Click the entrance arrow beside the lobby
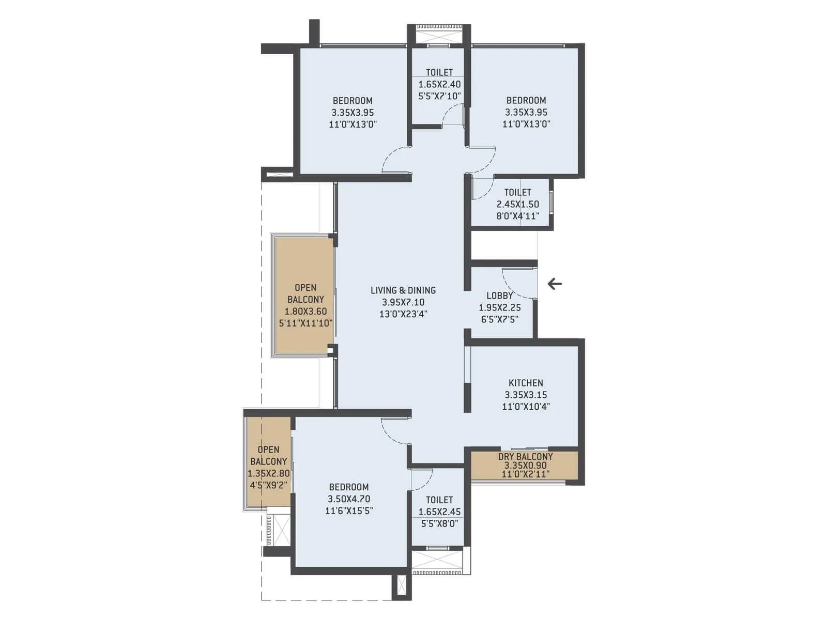click(x=555, y=284)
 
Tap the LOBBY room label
click(x=499, y=296)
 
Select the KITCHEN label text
click(x=526, y=383)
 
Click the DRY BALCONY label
click(x=525, y=457)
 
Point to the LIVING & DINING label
click(x=403, y=290)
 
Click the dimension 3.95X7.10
click(x=403, y=302)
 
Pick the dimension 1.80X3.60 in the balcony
click(x=305, y=312)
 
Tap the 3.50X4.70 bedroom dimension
click(x=349, y=499)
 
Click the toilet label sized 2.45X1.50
click(x=517, y=192)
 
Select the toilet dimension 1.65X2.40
click(x=439, y=84)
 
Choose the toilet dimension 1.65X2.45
click(x=439, y=512)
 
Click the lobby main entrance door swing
click(x=518, y=284)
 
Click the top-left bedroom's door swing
click(x=395, y=159)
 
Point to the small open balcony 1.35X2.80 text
click(x=269, y=474)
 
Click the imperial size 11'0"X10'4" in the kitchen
click(x=526, y=407)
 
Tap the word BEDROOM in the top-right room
click(x=526, y=100)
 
